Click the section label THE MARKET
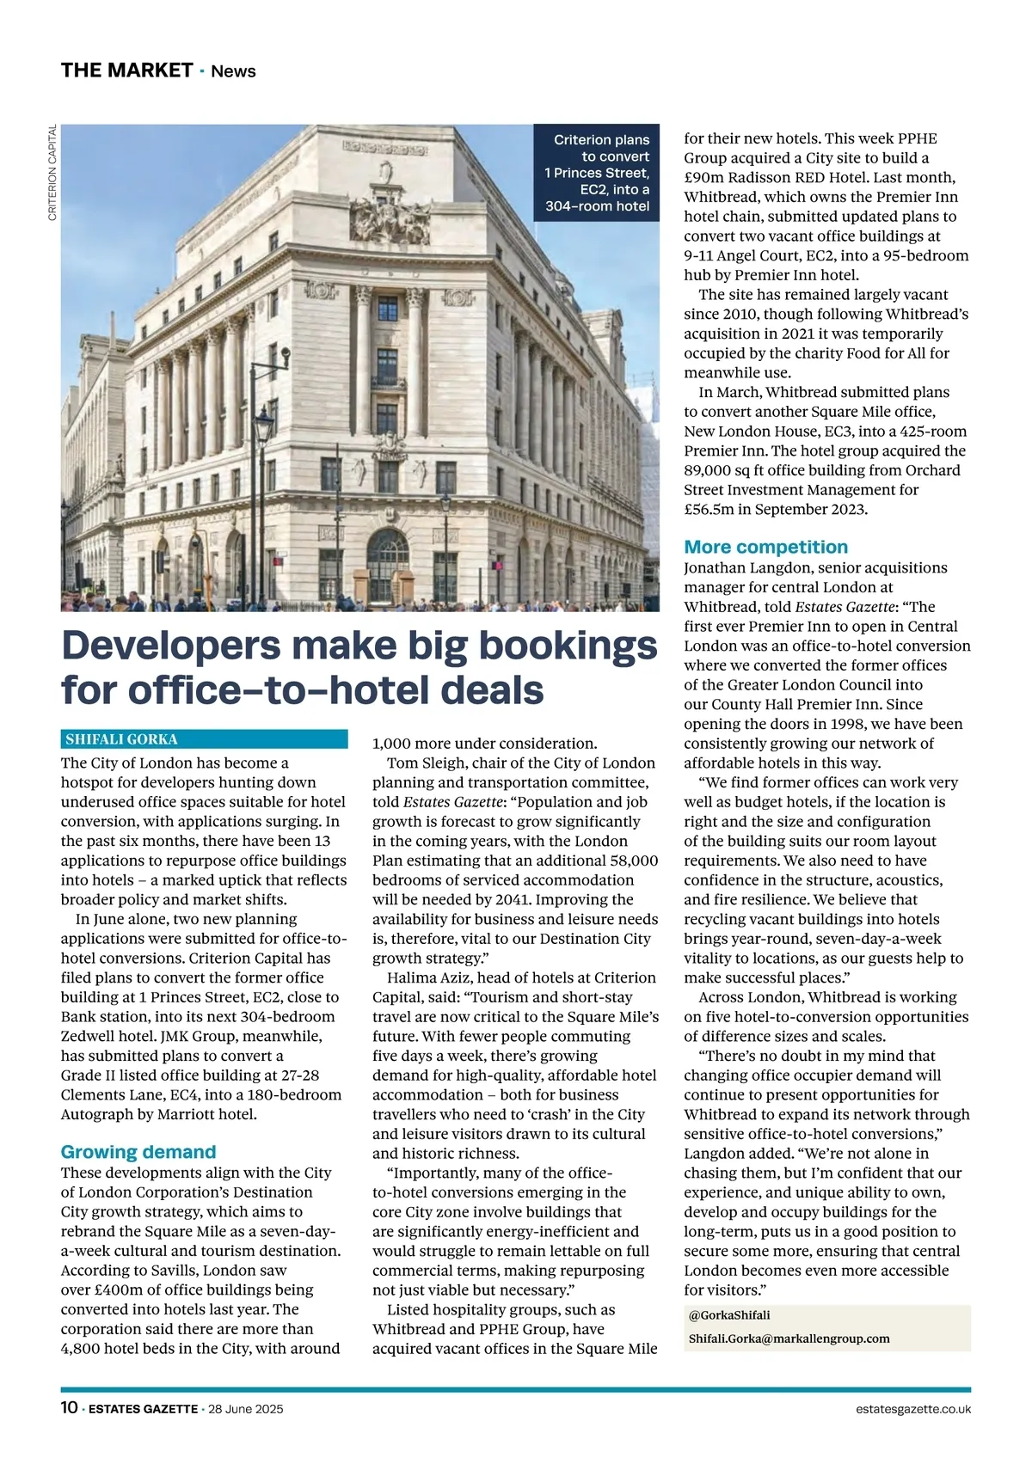coord(126,70)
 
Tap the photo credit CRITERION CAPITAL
coord(52,173)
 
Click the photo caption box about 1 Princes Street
coord(597,173)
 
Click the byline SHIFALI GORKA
coord(121,739)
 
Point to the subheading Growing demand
coord(138,1152)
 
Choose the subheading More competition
coord(765,547)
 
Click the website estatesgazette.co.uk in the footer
coord(913,1409)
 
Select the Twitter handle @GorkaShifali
coord(729,1315)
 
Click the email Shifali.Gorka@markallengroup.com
coord(789,1339)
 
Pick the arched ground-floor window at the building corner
coord(388,563)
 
